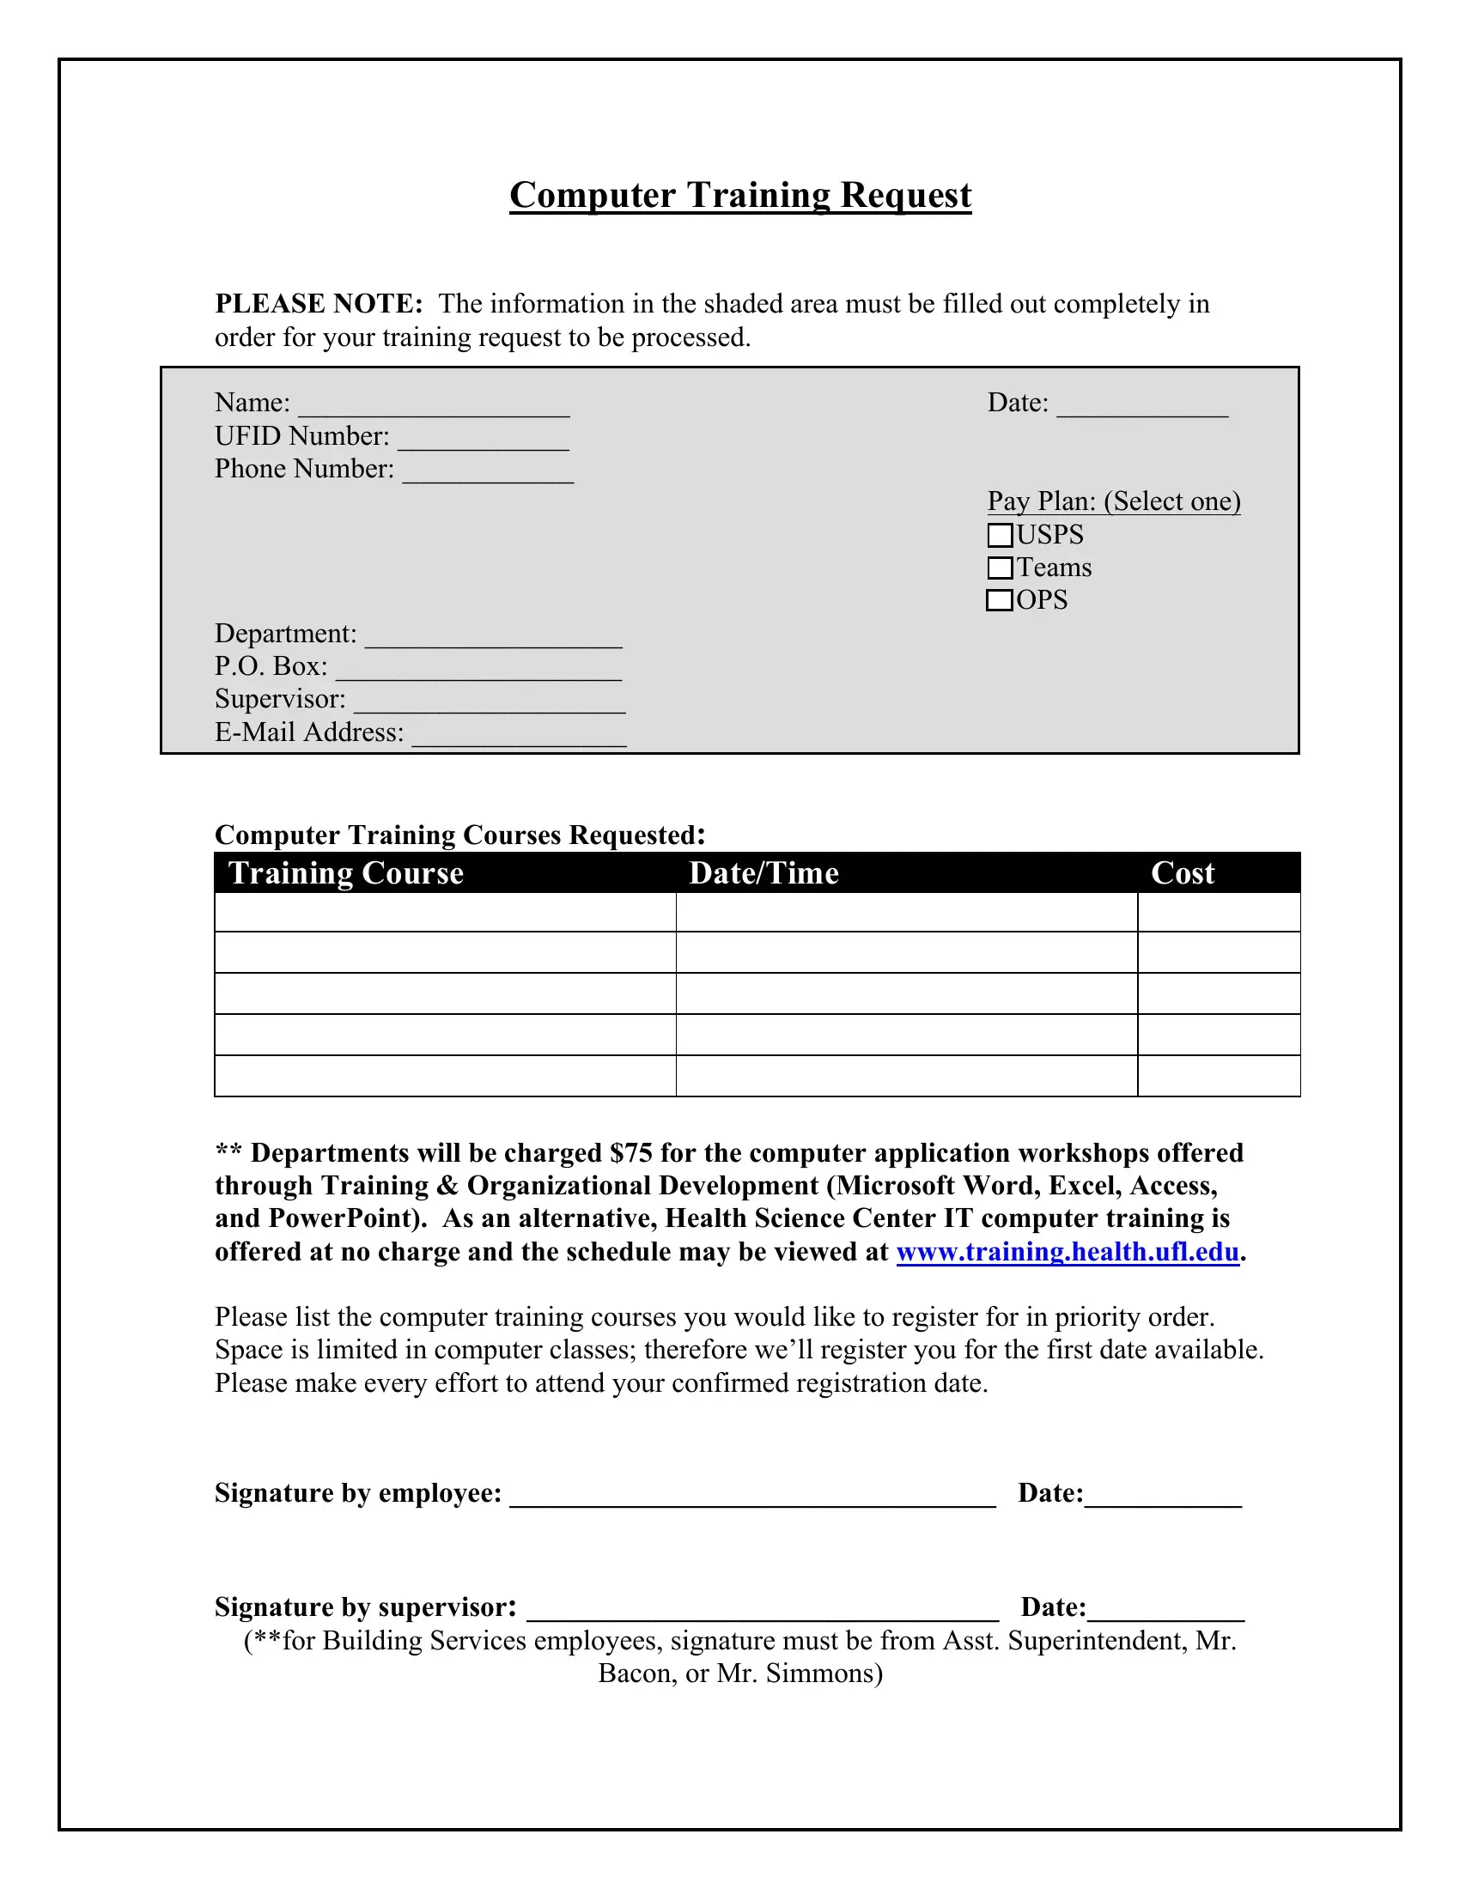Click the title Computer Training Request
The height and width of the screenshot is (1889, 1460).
click(x=740, y=195)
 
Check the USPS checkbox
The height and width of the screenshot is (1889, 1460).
click(x=1000, y=536)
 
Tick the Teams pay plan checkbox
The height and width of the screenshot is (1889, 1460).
click(x=1000, y=568)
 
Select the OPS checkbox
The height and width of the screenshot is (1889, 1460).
click(x=999, y=600)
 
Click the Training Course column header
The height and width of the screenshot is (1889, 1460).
click(x=346, y=872)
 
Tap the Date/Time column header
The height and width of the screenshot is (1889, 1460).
click(x=763, y=872)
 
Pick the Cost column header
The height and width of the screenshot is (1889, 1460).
click(x=1183, y=872)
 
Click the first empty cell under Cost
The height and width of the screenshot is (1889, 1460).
click(x=1218, y=913)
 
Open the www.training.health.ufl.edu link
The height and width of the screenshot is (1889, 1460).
click(x=1068, y=1253)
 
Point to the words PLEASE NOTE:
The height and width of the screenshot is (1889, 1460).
click(x=319, y=305)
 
